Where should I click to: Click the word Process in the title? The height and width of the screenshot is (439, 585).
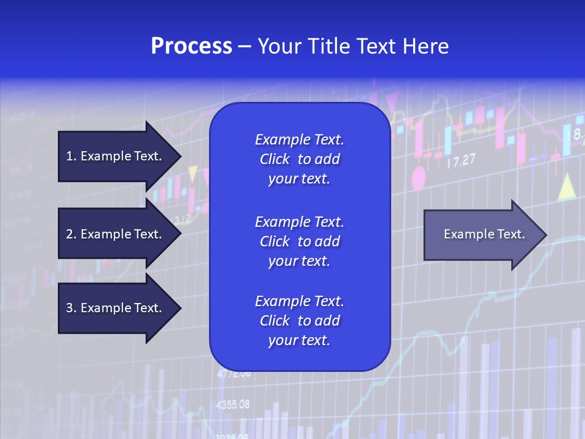(x=191, y=46)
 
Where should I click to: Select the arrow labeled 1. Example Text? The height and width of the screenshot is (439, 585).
(x=116, y=156)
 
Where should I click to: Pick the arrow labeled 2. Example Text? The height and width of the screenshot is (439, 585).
(x=116, y=234)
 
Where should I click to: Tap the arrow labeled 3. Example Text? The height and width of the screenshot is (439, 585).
(x=116, y=308)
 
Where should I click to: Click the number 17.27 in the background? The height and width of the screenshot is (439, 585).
(x=461, y=162)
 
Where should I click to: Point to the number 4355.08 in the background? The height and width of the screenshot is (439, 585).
(x=233, y=404)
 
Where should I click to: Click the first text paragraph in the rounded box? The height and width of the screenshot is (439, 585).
(x=299, y=159)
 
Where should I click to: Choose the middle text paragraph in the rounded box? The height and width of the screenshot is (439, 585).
(x=299, y=241)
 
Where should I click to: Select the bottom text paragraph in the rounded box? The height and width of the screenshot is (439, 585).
(x=299, y=321)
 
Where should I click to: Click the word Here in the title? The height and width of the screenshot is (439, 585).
(x=426, y=46)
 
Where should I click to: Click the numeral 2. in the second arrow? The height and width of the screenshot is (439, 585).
(x=71, y=234)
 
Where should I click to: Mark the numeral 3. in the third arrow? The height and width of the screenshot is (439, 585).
(x=71, y=308)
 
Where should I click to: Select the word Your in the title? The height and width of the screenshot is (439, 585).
(x=279, y=46)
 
